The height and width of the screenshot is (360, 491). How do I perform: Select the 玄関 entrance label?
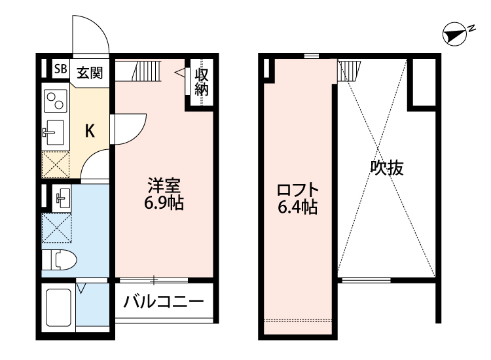tap(90, 71)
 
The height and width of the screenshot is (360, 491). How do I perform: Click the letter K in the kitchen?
tap(90, 130)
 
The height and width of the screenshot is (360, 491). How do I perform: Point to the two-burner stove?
tap(54, 101)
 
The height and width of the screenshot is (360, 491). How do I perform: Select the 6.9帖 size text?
tap(164, 203)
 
